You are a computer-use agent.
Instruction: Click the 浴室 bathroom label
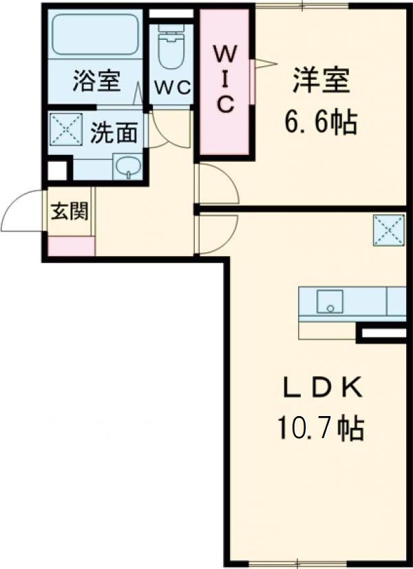pos(97,82)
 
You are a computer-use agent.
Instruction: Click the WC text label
pos(171,87)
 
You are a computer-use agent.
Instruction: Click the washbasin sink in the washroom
pos(127,166)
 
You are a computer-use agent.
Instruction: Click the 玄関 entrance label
pos(70,212)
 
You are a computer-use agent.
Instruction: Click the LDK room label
pos(321,387)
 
